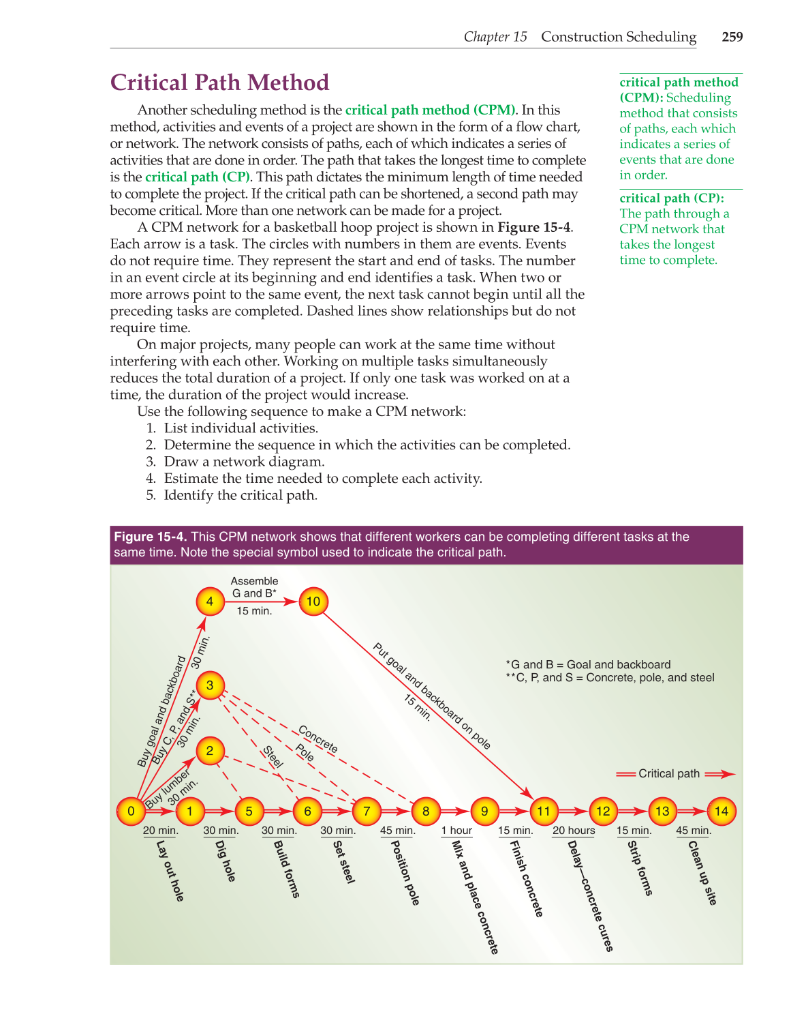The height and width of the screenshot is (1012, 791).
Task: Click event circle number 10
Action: [x=313, y=601]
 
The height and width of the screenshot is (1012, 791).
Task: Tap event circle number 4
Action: [x=210, y=601]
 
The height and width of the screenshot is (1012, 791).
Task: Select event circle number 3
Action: [x=210, y=685]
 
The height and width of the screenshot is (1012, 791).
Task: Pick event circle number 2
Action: [x=210, y=751]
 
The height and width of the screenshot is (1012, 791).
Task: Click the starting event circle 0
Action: [x=131, y=811]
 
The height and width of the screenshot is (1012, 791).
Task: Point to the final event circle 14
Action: [x=722, y=811]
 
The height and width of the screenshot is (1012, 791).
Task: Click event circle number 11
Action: [x=543, y=811]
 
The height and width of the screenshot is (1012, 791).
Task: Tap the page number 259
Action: [x=732, y=37]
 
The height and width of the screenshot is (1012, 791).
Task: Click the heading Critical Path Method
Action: [x=219, y=83]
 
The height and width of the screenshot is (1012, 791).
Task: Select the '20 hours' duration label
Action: [x=574, y=831]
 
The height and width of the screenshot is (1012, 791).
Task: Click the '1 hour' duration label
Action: [x=456, y=831]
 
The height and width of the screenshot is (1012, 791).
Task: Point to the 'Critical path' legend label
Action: [x=668, y=773]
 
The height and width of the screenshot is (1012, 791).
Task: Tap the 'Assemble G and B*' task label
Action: [x=254, y=587]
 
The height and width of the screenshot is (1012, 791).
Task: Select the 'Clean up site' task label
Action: [x=702, y=872]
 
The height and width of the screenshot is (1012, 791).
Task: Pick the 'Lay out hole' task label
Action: [x=170, y=871]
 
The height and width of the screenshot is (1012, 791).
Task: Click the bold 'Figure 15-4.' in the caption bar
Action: [x=151, y=537]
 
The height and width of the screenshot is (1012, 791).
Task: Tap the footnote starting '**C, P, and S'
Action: [x=610, y=678]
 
